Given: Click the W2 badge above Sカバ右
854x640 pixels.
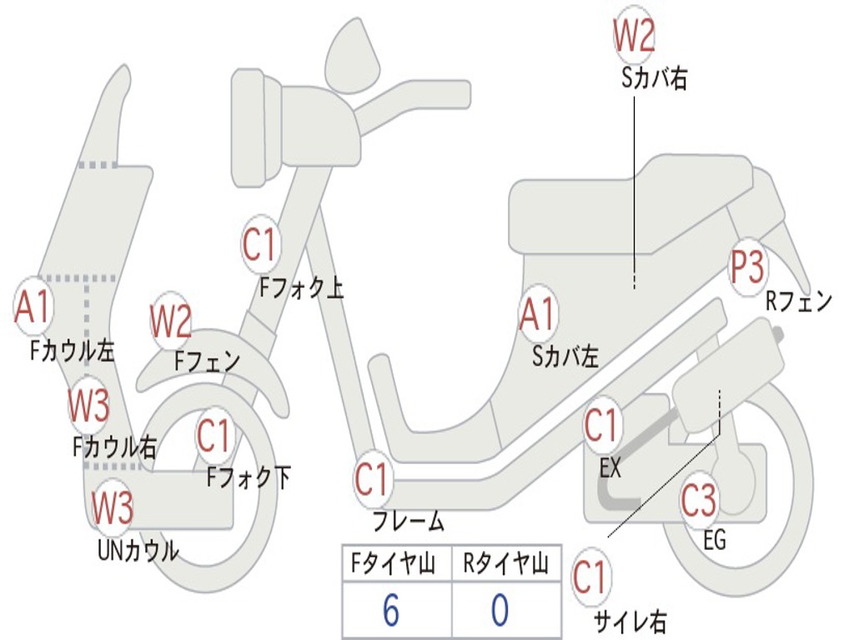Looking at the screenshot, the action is click(x=634, y=35).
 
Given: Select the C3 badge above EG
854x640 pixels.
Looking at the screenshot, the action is click(x=699, y=501).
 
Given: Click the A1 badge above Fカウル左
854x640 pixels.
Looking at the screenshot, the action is click(x=33, y=307).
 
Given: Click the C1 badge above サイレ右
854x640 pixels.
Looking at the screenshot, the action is click(x=590, y=577).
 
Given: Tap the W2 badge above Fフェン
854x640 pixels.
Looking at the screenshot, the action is click(x=170, y=321).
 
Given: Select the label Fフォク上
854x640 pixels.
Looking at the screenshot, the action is click(x=301, y=287).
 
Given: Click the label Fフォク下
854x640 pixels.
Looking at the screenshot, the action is click(x=249, y=477).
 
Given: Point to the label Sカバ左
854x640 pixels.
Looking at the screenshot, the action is click(x=565, y=357).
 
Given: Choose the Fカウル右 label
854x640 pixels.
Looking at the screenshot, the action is click(x=114, y=447).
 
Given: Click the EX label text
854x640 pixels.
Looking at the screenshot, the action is click(x=610, y=468).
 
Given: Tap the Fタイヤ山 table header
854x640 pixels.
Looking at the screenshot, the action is click(x=393, y=563).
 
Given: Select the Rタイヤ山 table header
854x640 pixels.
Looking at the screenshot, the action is click(x=505, y=563).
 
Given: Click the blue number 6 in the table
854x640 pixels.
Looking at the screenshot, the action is click(x=391, y=609).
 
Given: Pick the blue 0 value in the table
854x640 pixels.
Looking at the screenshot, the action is click(x=500, y=609).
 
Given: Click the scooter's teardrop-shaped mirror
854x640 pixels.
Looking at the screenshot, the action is click(x=353, y=56).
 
